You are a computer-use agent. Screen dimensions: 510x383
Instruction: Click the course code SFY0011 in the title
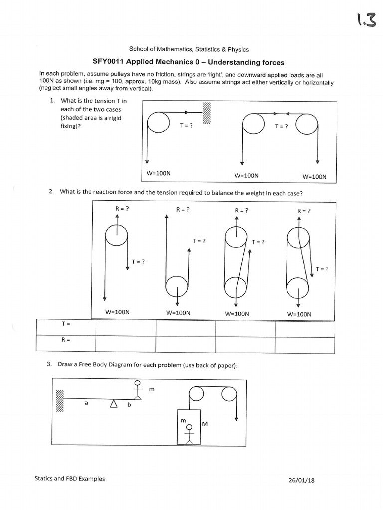(108, 62)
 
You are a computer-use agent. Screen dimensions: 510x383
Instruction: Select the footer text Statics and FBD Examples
(70, 479)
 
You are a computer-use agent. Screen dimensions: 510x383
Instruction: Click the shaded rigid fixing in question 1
(207, 113)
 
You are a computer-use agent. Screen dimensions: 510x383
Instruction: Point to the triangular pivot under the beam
(114, 404)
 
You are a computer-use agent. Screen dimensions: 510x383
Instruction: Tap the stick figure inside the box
(189, 432)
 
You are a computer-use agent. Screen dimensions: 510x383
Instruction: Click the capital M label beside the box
(204, 424)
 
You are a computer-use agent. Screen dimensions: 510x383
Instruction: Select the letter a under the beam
(86, 404)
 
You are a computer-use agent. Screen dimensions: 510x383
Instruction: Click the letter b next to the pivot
(128, 405)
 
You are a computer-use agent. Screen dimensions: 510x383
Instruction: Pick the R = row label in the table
(65, 340)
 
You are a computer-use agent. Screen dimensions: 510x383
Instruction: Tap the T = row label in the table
(65, 324)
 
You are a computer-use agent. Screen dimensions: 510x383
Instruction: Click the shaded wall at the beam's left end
(60, 401)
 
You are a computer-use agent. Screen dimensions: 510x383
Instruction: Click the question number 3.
(49, 364)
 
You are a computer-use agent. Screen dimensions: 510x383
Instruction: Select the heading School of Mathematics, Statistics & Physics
(189, 49)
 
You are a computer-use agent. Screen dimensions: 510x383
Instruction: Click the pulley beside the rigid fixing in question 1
(159, 123)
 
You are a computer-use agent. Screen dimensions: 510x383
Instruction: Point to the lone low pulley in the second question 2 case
(176, 288)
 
